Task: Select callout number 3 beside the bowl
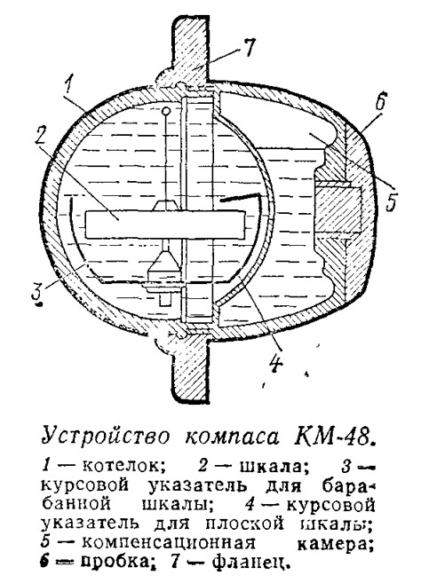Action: coord(36,294)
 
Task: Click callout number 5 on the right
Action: coord(390,201)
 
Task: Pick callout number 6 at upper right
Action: coord(381,99)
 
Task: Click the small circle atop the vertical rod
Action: coord(167,110)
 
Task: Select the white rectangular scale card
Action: coord(165,225)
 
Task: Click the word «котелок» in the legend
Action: coord(123,466)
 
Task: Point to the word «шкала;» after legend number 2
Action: coord(275,466)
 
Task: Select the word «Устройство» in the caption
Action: coord(106,436)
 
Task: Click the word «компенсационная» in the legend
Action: coord(169,542)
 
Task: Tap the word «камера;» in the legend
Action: coord(336,543)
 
